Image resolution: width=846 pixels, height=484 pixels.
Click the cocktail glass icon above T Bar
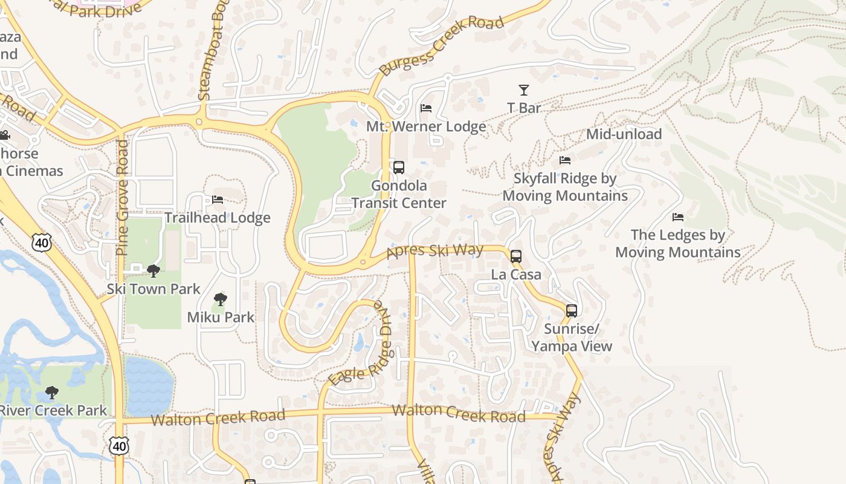524,90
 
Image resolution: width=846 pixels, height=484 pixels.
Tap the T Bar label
524,108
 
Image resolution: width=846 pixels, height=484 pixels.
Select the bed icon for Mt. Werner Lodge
426,108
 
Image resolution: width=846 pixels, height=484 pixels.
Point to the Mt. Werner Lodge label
426,126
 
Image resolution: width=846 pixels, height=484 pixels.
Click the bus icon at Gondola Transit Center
399,168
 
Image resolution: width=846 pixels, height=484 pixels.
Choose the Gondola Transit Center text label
399,194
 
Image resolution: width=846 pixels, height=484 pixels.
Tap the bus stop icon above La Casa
516,256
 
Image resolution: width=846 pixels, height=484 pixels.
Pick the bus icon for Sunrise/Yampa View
572,311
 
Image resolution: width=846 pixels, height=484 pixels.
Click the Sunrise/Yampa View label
572,338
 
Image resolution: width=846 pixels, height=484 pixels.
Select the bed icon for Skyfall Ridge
565,160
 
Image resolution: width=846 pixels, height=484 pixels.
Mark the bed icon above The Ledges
678,217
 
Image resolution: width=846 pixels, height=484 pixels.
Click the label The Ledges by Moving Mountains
678,243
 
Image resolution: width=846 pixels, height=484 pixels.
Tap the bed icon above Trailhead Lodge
218,199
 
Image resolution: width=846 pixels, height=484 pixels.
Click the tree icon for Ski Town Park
153,270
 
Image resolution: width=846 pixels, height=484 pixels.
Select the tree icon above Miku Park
221,299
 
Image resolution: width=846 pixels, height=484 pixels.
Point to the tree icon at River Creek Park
52,392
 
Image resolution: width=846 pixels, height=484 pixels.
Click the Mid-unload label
624,134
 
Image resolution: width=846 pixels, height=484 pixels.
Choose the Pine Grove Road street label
123,197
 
